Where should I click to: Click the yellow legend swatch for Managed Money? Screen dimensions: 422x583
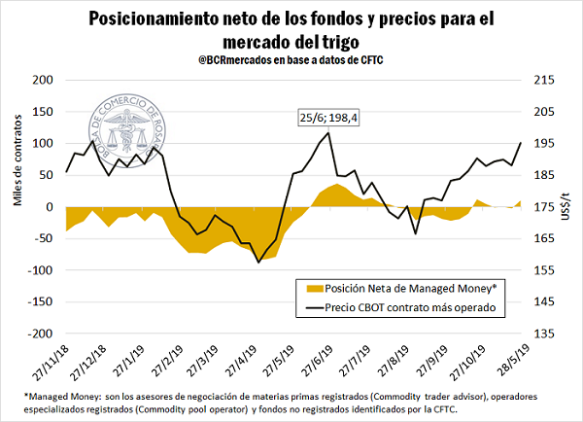(313, 288)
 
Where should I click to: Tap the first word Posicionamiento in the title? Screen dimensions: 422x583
(155, 19)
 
